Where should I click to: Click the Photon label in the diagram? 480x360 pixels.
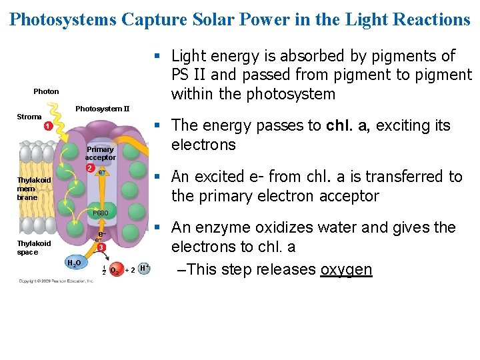pyautogui.click(x=46, y=91)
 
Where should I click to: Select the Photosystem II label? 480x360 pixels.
pyautogui.click(x=103, y=109)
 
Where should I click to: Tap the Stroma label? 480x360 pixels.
pyautogui.click(x=29, y=117)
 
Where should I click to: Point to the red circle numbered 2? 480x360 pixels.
pyautogui.click(x=89, y=167)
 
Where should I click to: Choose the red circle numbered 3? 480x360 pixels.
pyautogui.click(x=100, y=248)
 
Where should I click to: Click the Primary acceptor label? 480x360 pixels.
pyautogui.click(x=100, y=153)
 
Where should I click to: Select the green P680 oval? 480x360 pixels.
pyautogui.click(x=100, y=213)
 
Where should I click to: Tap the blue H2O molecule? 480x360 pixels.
pyautogui.click(x=74, y=263)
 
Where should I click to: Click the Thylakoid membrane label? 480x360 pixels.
pyautogui.click(x=34, y=189)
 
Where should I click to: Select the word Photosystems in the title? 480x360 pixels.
pyautogui.click(x=63, y=19)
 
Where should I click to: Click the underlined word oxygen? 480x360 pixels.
pyautogui.click(x=346, y=269)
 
